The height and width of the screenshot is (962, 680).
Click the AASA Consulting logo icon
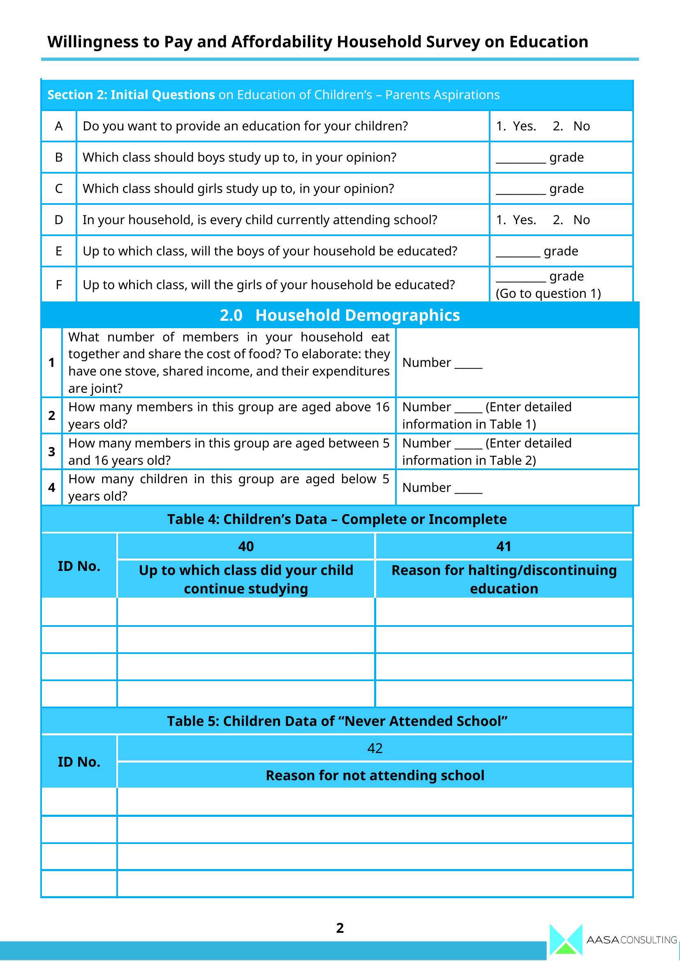[566, 939]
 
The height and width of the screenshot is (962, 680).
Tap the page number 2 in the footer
[340, 927]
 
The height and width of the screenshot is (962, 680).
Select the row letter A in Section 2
[59, 126]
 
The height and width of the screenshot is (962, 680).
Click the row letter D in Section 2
[59, 220]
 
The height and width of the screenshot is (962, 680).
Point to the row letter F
[59, 285]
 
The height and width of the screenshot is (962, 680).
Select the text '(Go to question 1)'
[548, 294]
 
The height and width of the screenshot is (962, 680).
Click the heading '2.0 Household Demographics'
[340, 315]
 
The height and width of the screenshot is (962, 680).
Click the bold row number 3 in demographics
[51, 452]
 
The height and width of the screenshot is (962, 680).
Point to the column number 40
[246, 546]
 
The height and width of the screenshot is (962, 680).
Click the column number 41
[504, 546]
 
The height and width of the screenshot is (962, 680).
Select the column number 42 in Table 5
[375, 748]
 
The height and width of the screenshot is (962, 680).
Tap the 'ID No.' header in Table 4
[79, 566]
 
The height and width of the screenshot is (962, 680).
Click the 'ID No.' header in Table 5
[79, 762]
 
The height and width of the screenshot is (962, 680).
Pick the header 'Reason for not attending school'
[375, 776]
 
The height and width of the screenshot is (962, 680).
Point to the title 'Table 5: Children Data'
[337, 721]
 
